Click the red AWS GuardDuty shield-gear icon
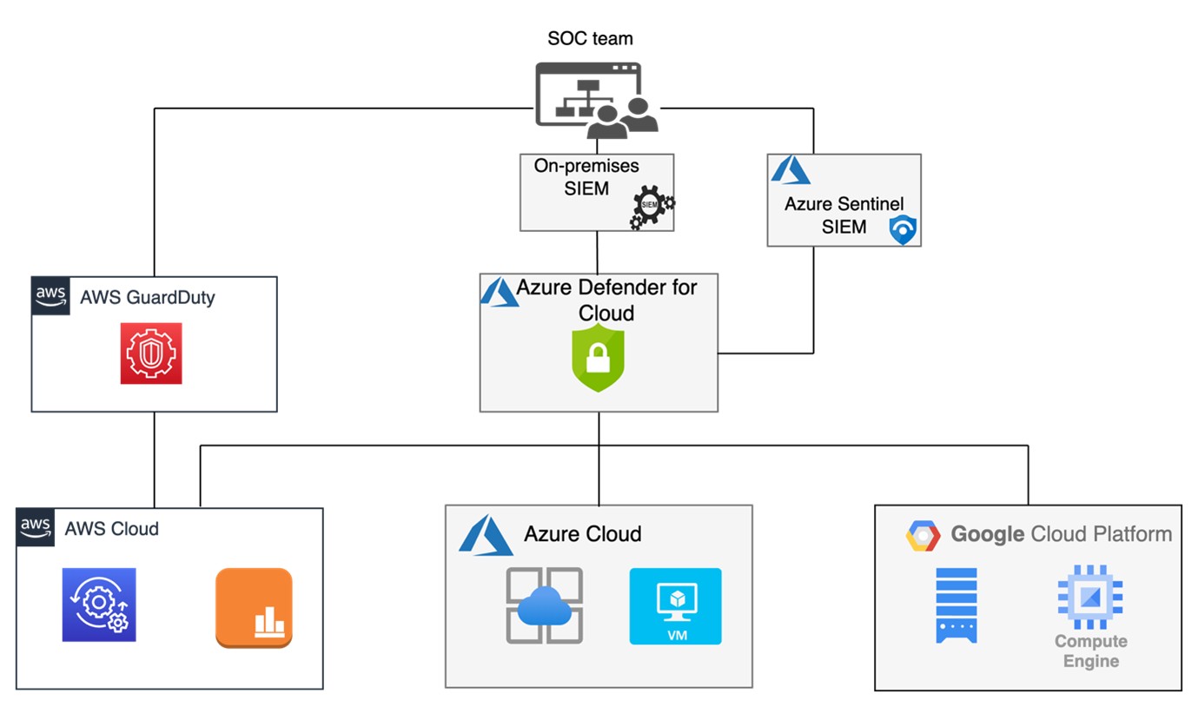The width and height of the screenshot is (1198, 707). pyautogui.click(x=151, y=353)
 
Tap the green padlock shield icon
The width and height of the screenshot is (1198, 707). pyautogui.click(x=599, y=358)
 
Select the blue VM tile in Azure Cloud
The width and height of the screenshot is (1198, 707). pyautogui.click(x=675, y=606)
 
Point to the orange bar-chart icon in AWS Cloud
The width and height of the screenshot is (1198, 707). pyautogui.click(x=254, y=608)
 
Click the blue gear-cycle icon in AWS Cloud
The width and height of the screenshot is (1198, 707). pyautogui.click(x=99, y=605)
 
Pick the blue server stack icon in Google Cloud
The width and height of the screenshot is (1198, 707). pyautogui.click(x=956, y=605)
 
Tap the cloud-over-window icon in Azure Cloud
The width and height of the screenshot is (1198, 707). pyautogui.click(x=545, y=605)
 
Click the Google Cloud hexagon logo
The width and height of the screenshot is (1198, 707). pyautogui.click(x=923, y=536)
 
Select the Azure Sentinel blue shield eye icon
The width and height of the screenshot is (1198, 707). pyautogui.click(x=903, y=229)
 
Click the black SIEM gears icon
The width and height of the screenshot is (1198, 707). pyautogui.click(x=651, y=207)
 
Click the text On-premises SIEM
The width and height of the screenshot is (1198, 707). pyautogui.click(x=586, y=176)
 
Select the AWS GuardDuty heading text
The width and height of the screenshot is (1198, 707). pyautogui.click(x=147, y=297)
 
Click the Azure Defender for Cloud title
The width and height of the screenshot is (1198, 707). pyautogui.click(x=606, y=299)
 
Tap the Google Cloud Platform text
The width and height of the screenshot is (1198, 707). pyautogui.click(x=1061, y=533)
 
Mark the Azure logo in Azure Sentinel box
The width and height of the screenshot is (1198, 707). pyautogui.click(x=790, y=171)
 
